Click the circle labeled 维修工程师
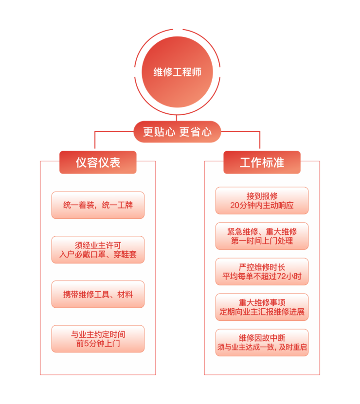point(177,72)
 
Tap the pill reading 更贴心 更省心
point(177,132)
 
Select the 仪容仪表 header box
point(98,162)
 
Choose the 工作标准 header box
point(262,162)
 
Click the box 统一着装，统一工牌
point(98,205)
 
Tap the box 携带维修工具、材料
point(98,294)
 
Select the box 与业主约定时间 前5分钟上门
point(98,339)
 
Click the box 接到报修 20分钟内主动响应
point(262,200)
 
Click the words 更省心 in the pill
point(196,132)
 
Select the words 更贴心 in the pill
point(159,132)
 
